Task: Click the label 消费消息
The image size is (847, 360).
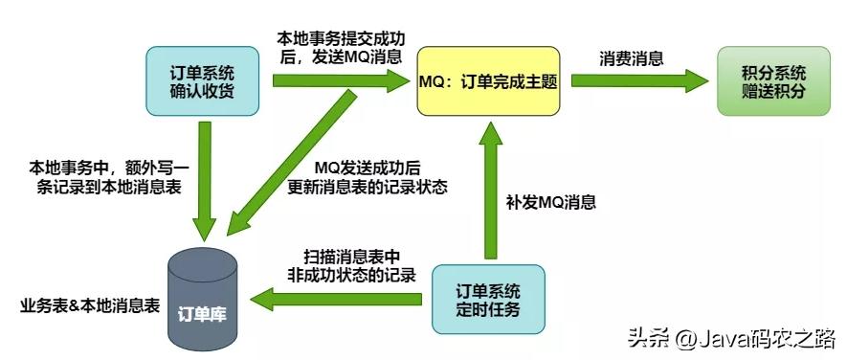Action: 633,56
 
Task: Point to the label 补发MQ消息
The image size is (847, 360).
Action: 550,202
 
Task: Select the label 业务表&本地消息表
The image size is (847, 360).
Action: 89,306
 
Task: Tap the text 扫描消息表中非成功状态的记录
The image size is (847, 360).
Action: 359,267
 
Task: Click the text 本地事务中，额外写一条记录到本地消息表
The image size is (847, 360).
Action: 95,177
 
